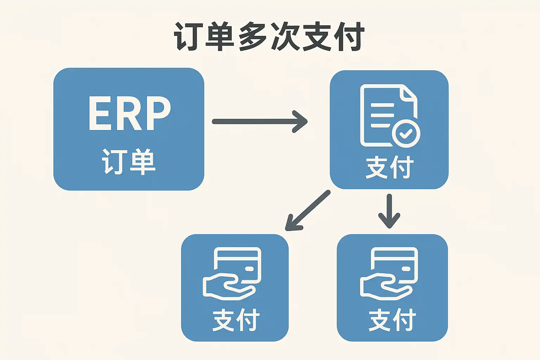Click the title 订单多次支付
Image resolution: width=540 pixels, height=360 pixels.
(269, 37)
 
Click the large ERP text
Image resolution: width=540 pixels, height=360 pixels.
(129, 114)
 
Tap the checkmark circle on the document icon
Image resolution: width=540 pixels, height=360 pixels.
(406, 133)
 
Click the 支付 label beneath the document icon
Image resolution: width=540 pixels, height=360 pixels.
(390, 168)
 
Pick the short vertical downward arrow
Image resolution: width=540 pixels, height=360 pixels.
(389, 211)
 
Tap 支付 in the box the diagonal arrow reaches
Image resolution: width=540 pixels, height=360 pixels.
(236, 320)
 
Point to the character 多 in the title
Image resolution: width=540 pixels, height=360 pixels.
(252, 37)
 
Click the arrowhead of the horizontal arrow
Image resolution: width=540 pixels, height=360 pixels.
(301, 122)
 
